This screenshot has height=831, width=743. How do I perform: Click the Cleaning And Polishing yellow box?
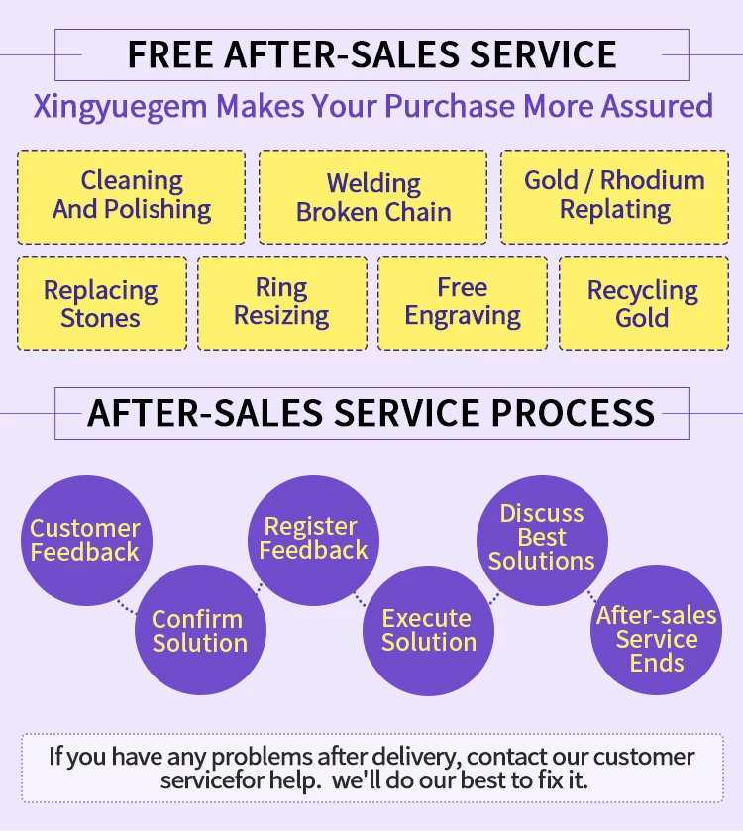(x=131, y=196)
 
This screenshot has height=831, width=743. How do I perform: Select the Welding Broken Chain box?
(x=372, y=197)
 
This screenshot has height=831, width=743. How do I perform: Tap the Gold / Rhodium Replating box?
(x=614, y=196)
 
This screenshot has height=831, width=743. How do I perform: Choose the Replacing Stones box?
(x=101, y=303)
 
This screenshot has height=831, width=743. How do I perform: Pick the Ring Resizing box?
(x=281, y=303)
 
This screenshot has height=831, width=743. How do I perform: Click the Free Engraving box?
(x=462, y=303)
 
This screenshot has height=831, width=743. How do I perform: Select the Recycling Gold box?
(x=642, y=303)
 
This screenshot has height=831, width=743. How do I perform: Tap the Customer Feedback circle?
(x=84, y=540)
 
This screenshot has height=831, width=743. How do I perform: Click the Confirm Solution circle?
(x=198, y=631)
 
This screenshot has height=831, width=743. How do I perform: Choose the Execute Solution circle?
(x=428, y=631)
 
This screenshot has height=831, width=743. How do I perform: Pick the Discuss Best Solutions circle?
(x=541, y=538)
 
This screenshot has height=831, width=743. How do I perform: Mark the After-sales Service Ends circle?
(x=656, y=639)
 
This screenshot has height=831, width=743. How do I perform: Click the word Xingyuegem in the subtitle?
(x=121, y=107)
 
